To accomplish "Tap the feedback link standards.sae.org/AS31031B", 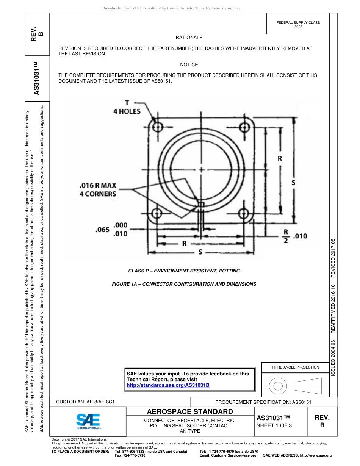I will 168,385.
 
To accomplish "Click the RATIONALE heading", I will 189,38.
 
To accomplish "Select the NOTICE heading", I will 189,65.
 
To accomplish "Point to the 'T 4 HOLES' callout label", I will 127,108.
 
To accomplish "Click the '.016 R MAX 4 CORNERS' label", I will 98,190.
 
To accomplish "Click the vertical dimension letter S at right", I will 293,183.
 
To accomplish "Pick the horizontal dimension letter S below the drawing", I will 200,253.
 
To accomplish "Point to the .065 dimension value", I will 102,230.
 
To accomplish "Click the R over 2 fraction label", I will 286,236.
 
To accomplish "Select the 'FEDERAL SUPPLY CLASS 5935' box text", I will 298,25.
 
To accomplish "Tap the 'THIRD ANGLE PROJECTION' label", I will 295,367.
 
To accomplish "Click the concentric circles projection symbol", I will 278,386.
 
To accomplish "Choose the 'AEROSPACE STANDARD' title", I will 190,412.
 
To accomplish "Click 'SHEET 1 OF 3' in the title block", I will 274,425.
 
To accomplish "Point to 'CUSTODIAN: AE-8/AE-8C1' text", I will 85,402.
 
